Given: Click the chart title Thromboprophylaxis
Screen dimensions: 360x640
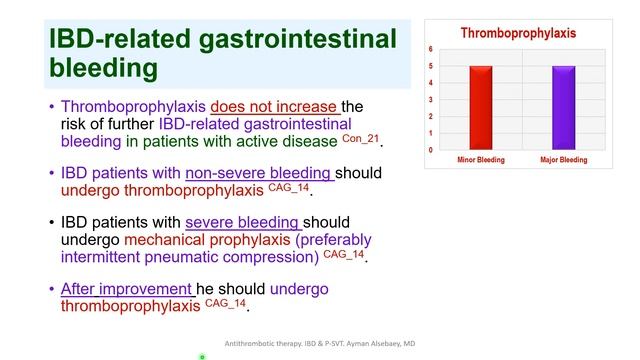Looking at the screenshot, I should [x=518, y=33].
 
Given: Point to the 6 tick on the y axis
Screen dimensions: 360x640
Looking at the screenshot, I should [x=430, y=49].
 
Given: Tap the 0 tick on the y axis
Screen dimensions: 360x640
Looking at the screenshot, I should [x=430, y=150].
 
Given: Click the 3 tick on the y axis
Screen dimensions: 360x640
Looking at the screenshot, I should [x=430, y=100].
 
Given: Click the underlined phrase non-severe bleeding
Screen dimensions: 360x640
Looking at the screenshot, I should [x=259, y=172].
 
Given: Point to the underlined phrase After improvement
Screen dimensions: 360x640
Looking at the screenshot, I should [x=127, y=289].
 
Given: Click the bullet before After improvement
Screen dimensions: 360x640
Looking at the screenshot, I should [x=52, y=290].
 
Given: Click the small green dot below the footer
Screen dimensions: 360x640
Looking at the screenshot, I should [x=202, y=355].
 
